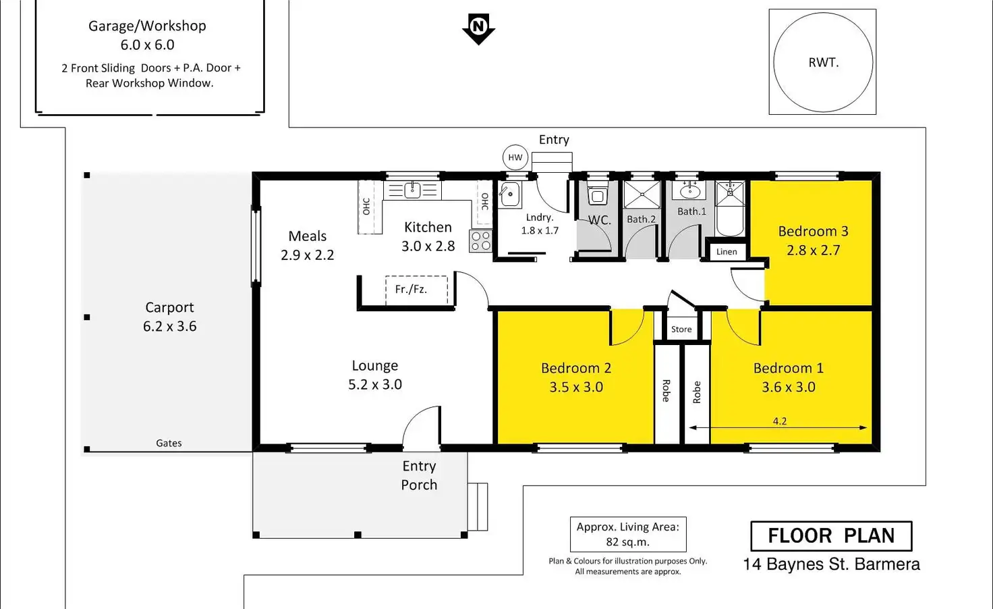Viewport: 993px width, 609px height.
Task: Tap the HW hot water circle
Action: point(515,157)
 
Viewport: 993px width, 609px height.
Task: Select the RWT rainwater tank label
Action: point(823,63)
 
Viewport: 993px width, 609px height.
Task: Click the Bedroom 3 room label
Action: point(813,232)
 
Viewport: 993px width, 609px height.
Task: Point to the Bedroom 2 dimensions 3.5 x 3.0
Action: point(575,387)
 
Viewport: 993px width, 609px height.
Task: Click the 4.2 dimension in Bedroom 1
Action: point(779,421)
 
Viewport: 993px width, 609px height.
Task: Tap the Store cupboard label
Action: point(681,329)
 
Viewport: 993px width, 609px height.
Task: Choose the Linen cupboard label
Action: point(727,252)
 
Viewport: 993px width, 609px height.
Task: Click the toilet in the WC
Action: point(597,195)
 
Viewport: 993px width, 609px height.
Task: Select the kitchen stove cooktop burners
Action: point(481,241)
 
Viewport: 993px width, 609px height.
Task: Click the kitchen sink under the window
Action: point(412,190)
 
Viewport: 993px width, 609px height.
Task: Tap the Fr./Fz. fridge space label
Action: point(411,289)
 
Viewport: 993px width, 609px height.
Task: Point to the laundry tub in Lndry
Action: point(510,194)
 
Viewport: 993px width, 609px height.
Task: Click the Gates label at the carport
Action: point(169,444)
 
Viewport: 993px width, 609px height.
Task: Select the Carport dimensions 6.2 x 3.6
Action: point(169,327)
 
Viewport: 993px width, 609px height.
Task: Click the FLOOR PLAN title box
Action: point(831,536)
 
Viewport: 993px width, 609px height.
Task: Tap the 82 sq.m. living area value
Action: point(627,542)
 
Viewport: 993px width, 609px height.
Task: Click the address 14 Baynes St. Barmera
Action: point(831,564)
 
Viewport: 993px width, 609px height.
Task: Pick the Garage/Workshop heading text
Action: point(147,26)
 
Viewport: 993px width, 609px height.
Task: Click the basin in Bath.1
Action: point(689,191)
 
